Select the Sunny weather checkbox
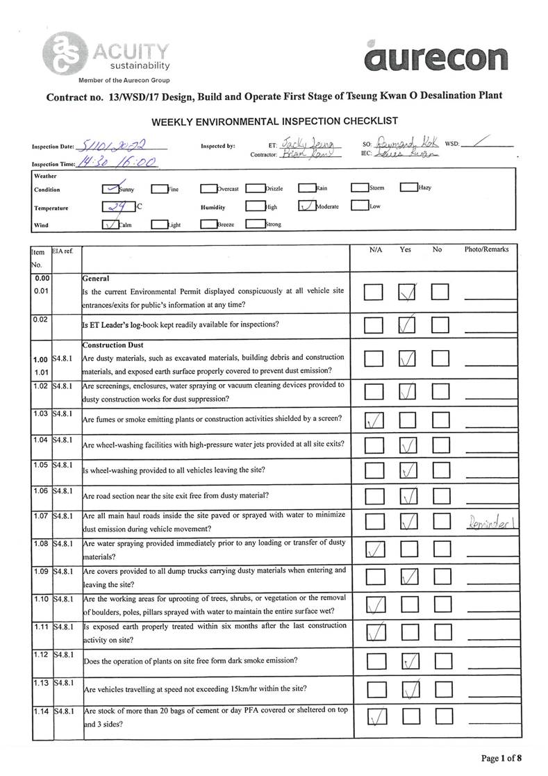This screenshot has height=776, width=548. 110,188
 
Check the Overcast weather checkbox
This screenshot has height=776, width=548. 208,188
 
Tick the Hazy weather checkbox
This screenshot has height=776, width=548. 408,188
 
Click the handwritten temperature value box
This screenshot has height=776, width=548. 117,206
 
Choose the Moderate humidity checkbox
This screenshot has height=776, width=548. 306,206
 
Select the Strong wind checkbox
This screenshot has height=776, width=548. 255,224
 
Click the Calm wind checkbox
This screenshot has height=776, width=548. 110,224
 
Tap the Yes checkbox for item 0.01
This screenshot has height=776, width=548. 408,293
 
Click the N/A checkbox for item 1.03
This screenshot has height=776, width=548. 374,420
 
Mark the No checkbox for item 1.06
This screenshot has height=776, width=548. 440,496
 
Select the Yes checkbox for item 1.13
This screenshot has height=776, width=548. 409,689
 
